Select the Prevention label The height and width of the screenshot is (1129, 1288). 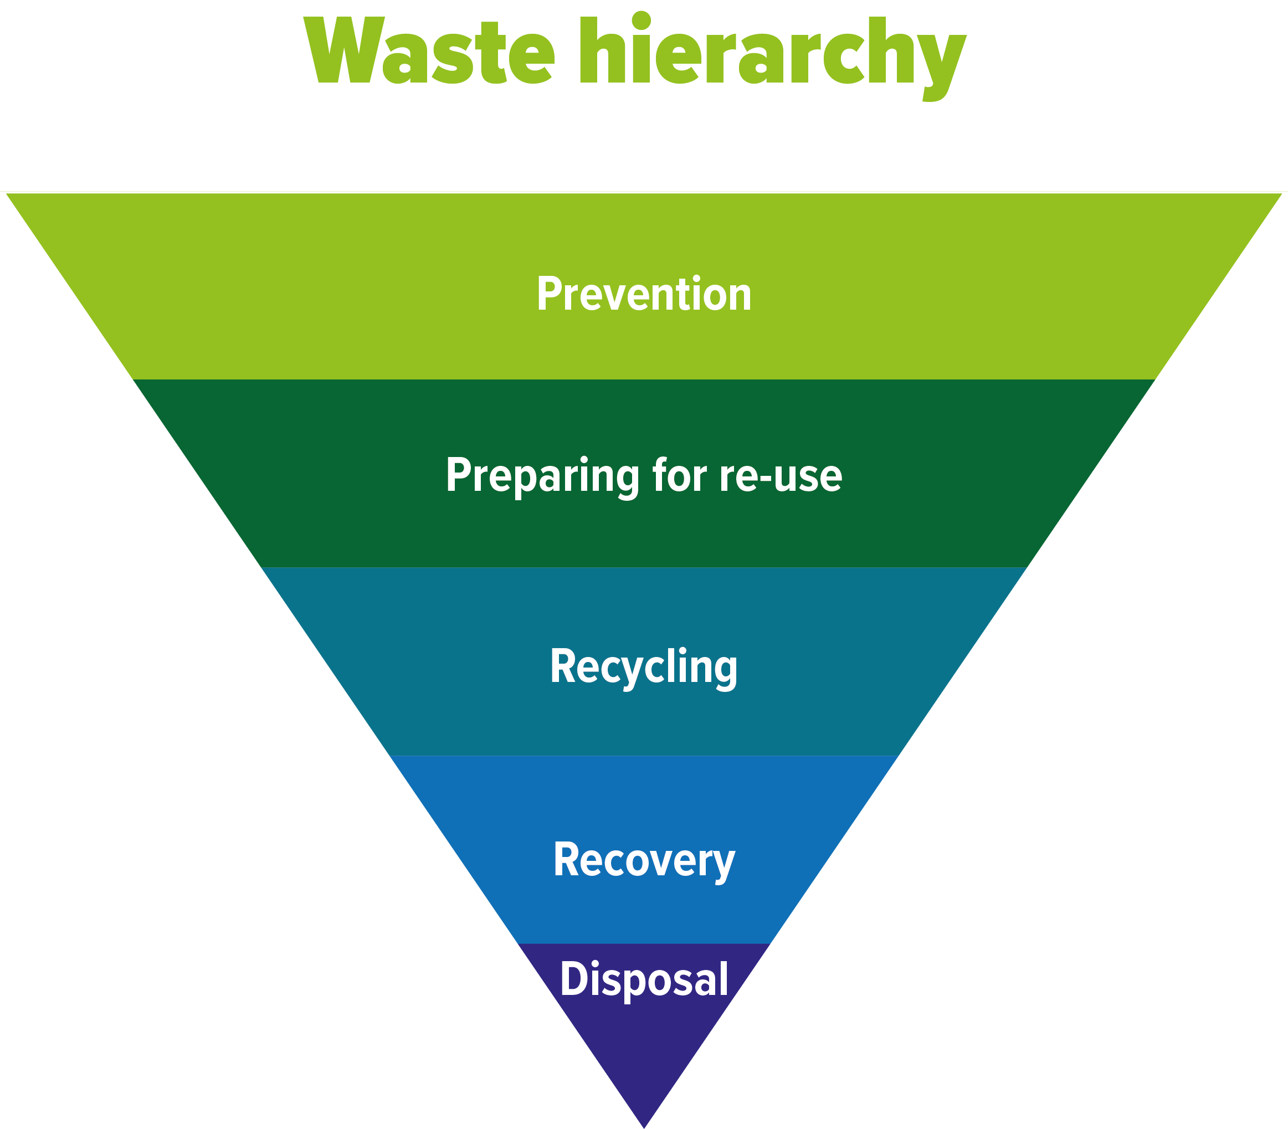pyautogui.click(x=644, y=294)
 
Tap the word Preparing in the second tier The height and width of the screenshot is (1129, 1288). pyautogui.click(x=542, y=476)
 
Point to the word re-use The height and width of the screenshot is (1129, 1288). pyautogui.click(x=781, y=476)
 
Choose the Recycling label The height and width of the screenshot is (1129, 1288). pyautogui.click(x=644, y=667)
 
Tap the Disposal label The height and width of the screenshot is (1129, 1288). pyautogui.click(x=644, y=979)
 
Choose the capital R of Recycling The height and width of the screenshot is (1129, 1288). pyautogui.click(x=562, y=666)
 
